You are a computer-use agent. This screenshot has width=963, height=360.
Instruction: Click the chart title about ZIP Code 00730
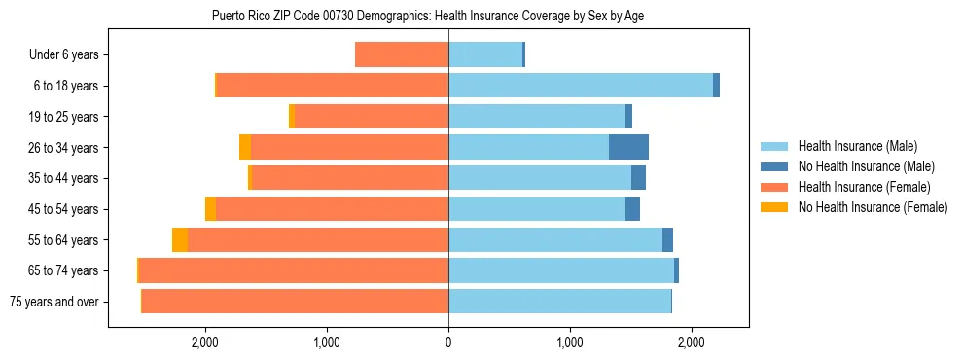click(x=427, y=16)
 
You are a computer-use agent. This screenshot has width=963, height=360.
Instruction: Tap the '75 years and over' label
click(x=53, y=302)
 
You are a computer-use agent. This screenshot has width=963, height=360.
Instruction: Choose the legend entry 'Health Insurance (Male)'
click(x=856, y=146)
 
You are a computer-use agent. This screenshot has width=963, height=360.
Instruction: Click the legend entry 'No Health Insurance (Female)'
click(x=873, y=207)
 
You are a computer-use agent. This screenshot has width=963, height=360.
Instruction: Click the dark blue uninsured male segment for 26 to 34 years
click(x=628, y=147)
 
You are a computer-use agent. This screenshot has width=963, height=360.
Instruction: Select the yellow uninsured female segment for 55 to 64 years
click(x=180, y=240)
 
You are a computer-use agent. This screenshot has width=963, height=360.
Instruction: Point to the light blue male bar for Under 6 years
click(x=485, y=54)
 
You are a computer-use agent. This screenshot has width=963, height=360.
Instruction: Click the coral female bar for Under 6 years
click(x=402, y=54)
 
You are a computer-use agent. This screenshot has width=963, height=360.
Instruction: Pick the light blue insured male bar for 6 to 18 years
click(x=581, y=86)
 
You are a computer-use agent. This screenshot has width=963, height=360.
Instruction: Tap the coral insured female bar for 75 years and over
click(x=295, y=302)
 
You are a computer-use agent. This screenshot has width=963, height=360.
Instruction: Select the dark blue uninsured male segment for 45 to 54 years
click(x=632, y=209)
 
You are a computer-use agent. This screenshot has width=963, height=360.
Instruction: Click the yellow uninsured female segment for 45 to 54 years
click(x=210, y=209)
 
